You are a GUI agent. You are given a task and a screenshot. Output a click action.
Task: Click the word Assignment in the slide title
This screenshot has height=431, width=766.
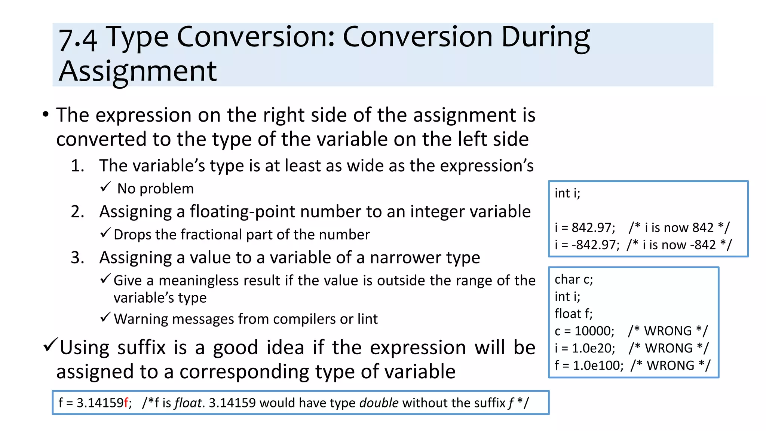click(x=138, y=71)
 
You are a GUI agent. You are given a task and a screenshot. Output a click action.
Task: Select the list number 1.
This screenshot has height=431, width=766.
click(x=77, y=166)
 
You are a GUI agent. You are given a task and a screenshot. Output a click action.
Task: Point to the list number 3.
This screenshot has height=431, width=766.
click(x=77, y=258)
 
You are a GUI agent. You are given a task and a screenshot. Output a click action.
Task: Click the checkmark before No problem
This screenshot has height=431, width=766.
click(x=105, y=187)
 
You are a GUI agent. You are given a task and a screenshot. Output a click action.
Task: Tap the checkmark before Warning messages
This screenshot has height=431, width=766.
click(x=105, y=317)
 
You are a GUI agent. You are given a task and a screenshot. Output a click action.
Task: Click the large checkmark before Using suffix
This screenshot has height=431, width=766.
click(x=50, y=345)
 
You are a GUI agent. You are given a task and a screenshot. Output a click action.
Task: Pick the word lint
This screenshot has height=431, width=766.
click(x=367, y=319)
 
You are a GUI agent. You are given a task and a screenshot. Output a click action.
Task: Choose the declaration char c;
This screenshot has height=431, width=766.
click(x=573, y=279)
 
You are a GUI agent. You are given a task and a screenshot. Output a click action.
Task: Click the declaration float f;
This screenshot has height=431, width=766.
click(x=573, y=314)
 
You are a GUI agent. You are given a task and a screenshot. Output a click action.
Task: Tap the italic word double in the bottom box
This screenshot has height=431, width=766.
click(x=379, y=403)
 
